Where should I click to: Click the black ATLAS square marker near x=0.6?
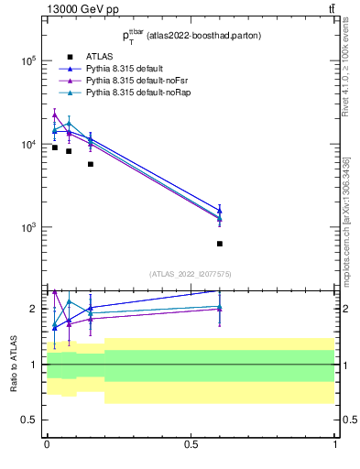point(220,244)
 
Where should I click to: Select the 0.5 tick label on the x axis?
point(191,443)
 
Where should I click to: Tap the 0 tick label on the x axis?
point(47,443)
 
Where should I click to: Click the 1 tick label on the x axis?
point(335,443)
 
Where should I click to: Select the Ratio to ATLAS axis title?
point(14,365)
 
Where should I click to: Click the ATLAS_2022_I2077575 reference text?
point(191,273)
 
